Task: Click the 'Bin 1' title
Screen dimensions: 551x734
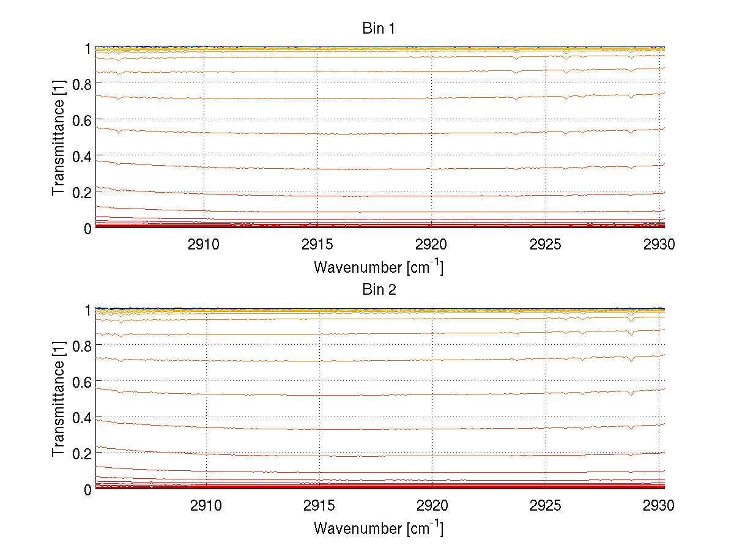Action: click(x=379, y=29)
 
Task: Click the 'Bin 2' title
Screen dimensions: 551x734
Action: click(x=379, y=290)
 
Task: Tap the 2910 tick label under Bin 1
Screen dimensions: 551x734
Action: click(x=204, y=245)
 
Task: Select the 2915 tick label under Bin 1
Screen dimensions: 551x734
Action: click(x=317, y=245)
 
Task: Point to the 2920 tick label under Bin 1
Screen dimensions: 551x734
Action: click(x=431, y=245)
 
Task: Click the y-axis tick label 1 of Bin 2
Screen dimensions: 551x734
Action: click(x=88, y=310)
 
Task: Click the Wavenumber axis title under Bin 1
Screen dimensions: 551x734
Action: click(x=379, y=267)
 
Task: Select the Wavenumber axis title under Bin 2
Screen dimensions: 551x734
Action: click(x=379, y=528)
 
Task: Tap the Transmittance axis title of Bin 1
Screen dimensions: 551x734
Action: click(x=59, y=138)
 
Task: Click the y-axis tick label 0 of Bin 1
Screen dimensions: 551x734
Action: click(x=87, y=228)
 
